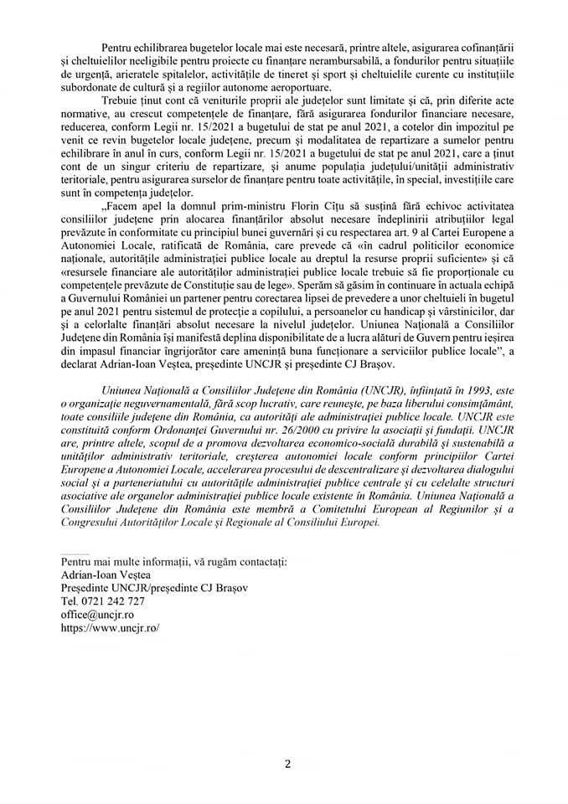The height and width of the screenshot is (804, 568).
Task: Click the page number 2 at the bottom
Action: point(287,764)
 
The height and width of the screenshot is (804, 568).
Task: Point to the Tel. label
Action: point(68,601)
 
